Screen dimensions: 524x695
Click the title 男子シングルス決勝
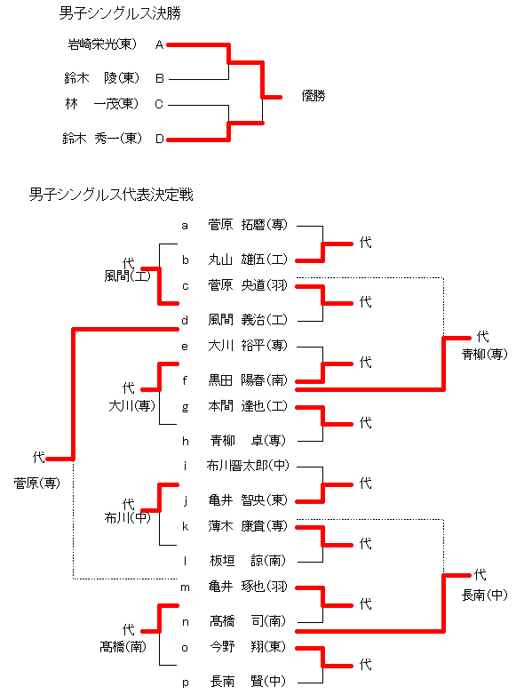click(x=120, y=13)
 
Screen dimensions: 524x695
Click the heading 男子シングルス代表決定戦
click(x=111, y=195)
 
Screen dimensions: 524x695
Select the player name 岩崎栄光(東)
click(x=102, y=44)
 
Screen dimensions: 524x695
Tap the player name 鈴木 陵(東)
click(x=101, y=78)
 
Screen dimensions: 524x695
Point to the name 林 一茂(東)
click(x=102, y=104)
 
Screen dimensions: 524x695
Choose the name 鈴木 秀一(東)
click(x=102, y=139)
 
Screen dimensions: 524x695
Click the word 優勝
click(x=314, y=96)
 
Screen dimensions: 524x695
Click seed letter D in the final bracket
click(x=160, y=139)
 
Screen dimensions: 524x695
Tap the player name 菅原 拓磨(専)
click(x=248, y=225)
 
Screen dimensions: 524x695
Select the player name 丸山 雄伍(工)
click(x=248, y=260)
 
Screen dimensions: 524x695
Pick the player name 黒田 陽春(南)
click(x=248, y=379)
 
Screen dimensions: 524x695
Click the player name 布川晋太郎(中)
click(x=248, y=466)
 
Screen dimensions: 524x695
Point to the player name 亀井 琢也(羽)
click(x=248, y=587)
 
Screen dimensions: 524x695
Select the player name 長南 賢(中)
click(x=248, y=681)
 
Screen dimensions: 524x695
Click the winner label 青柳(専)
click(x=485, y=354)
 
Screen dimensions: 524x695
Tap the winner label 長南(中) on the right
click(x=485, y=595)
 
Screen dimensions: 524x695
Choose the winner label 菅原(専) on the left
click(x=36, y=483)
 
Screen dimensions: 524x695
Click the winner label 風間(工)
click(x=128, y=276)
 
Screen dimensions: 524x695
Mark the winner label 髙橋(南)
click(x=123, y=647)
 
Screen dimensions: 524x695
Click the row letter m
click(x=185, y=587)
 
